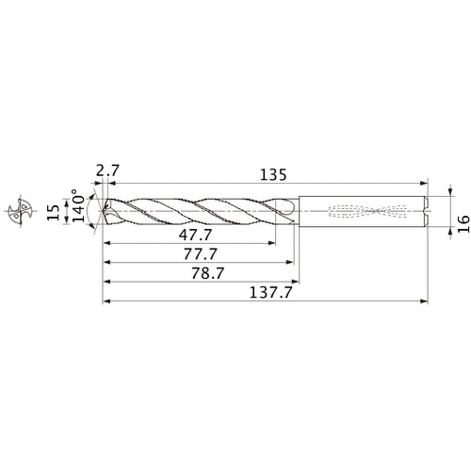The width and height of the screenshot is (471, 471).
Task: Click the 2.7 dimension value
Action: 107,171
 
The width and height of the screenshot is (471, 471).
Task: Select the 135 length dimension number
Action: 273,175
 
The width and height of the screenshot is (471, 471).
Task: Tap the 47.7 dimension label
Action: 195,235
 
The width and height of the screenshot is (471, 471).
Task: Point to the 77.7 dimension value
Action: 201,254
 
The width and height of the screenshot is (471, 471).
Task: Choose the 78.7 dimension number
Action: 208,273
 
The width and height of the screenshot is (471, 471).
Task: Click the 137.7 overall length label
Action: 270,293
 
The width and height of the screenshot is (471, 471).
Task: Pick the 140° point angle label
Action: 79,205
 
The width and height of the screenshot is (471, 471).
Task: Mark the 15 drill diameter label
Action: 53,213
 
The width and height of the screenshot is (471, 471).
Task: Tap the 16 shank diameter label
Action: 463,224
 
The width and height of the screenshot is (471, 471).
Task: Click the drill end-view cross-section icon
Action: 21,211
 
